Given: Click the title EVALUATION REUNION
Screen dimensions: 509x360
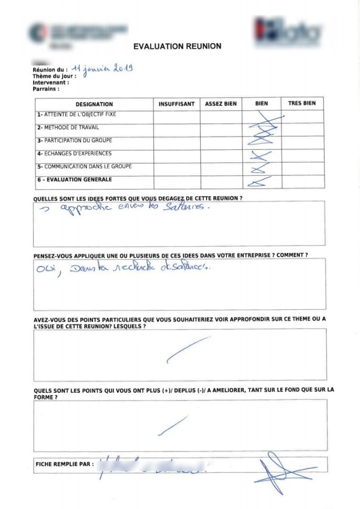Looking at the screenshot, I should tap(177, 46).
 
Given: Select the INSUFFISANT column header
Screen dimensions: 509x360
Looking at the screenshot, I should tap(177, 104).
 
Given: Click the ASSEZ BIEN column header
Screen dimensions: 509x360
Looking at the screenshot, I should tap(221, 104).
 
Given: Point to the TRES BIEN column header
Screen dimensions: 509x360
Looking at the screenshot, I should tap(302, 104).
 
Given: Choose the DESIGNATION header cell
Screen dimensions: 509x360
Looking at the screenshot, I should tap(94, 104).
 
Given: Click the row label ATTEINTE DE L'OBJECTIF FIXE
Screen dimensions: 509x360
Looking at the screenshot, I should tap(76, 115).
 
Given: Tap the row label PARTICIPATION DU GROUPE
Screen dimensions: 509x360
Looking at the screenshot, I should tap(74, 141).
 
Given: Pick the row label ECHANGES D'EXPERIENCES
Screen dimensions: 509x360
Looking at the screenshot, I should tap(74, 154).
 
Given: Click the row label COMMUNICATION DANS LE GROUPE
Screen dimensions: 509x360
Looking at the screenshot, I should tap(84, 167).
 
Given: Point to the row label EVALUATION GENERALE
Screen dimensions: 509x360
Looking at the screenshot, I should tap(74, 180).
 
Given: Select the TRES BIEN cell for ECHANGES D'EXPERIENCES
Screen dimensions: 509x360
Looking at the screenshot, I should tap(302, 156).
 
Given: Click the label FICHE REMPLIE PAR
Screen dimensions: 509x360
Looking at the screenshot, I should tap(65, 465).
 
